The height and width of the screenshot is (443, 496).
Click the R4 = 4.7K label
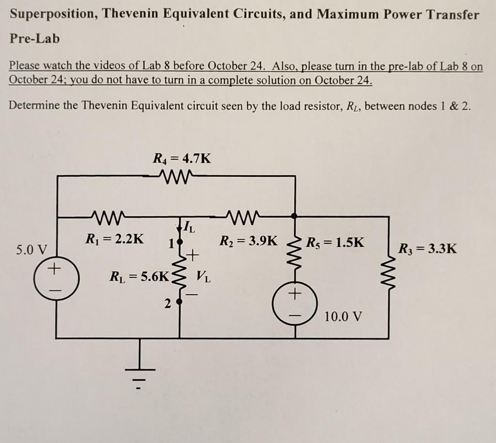coord(182,158)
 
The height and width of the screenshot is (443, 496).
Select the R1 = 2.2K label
coord(114,238)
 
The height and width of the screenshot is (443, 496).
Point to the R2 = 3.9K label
coord(249,240)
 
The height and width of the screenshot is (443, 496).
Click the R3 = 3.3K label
coord(427,249)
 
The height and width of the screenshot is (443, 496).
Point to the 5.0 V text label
coord(32,250)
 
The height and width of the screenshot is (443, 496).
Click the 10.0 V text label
coord(343,317)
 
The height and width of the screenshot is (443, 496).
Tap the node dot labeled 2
coord(179,303)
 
